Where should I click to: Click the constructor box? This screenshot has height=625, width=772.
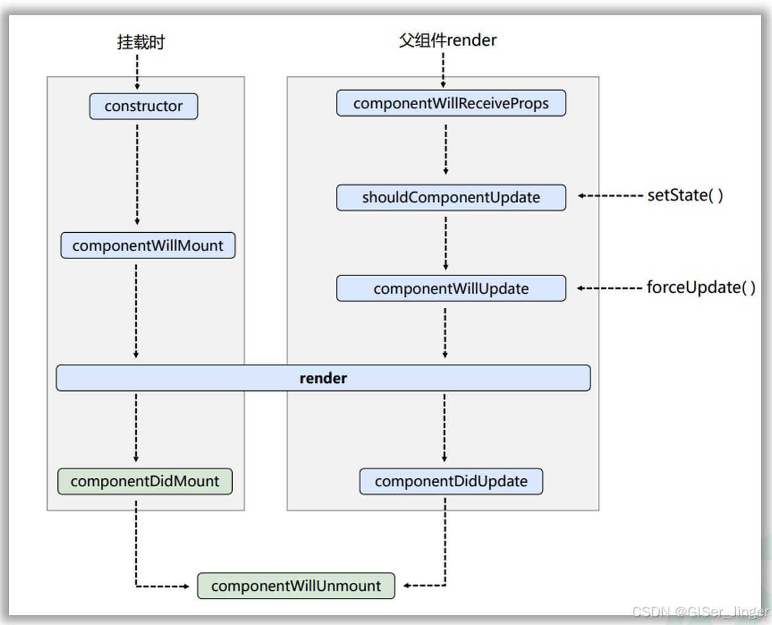pyautogui.click(x=144, y=106)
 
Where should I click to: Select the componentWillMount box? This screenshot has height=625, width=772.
pyautogui.click(x=148, y=246)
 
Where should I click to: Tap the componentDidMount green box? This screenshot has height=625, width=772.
pyautogui.click(x=145, y=481)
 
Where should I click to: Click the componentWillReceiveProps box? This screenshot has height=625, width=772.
pyautogui.click(x=451, y=103)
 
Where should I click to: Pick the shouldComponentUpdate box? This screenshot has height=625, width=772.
pyautogui.click(x=451, y=197)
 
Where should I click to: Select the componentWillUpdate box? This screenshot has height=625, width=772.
pyautogui.click(x=451, y=288)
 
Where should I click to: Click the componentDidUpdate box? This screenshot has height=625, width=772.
pyautogui.click(x=451, y=481)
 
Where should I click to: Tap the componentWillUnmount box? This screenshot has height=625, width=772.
pyautogui.click(x=296, y=586)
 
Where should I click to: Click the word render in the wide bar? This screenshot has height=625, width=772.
pyautogui.click(x=323, y=378)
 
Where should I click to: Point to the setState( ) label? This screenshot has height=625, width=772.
pyautogui.click(x=685, y=196)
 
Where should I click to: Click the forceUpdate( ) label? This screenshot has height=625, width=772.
pyautogui.click(x=701, y=287)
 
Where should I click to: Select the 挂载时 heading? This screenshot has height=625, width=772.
pyautogui.click(x=141, y=42)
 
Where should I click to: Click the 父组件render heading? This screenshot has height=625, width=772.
pyautogui.click(x=448, y=40)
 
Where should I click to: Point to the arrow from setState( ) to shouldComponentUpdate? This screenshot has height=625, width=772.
pyautogui.click(x=610, y=196)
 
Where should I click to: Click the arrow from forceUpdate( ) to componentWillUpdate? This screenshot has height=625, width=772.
pyautogui.click(x=609, y=288)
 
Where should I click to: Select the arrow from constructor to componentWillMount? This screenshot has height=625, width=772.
pyautogui.click(x=137, y=175)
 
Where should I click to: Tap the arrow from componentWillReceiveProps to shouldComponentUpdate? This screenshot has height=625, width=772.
pyautogui.click(x=446, y=150)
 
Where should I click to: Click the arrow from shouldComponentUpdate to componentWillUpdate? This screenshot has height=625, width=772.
pyautogui.click(x=446, y=243)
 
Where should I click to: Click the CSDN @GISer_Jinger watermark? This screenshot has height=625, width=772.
pyautogui.click(x=700, y=612)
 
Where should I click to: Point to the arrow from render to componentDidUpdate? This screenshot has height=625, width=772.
pyautogui.click(x=445, y=428)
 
